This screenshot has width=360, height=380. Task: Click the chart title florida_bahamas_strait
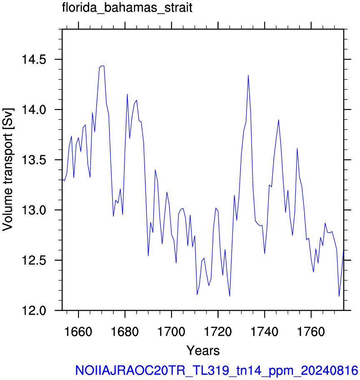(x=127, y=8)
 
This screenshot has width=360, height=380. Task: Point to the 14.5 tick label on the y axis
(x=34, y=59)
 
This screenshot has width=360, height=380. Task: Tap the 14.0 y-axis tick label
(x=34, y=110)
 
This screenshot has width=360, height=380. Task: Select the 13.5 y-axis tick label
(x=34, y=160)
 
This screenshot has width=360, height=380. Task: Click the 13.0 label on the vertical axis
(x=34, y=210)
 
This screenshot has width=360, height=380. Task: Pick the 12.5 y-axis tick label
(x=34, y=260)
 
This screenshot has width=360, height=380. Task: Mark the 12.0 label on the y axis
(x=34, y=310)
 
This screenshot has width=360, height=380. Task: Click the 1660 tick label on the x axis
(x=78, y=332)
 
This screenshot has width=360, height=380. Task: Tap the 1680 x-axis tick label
(x=125, y=332)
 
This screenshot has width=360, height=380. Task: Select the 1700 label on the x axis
(x=171, y=332)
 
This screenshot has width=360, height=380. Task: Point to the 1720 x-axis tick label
(x=218, y=332)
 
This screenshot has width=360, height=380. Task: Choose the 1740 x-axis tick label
(x=264, y=332)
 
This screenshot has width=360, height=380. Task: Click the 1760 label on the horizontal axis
(x=311, y=332)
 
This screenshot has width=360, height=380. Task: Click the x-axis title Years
(x=203, y=350)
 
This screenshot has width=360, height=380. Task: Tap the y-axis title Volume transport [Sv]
(x=8, y=170)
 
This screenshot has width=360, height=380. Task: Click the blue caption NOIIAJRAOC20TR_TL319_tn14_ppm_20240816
(x=217, y=370)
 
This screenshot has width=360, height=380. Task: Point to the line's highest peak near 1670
(x=102, y=66)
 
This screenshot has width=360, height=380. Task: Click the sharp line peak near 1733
(x=248, y=75)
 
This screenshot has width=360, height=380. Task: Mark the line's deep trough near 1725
(x=229, y=296)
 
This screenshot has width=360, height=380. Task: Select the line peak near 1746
(x=279, y=120)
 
